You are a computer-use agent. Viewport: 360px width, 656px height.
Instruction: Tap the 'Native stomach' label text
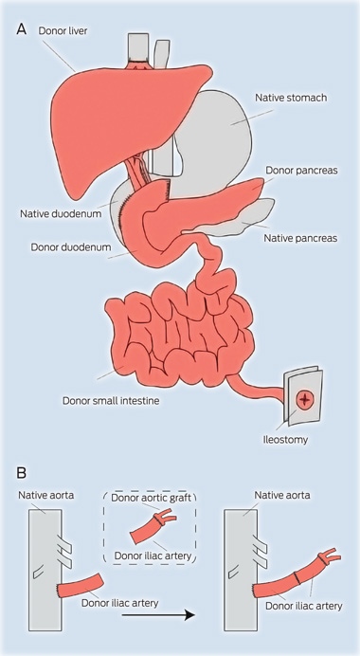[x=291, y=98]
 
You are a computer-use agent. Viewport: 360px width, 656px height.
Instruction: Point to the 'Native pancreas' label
[x=299, y=239]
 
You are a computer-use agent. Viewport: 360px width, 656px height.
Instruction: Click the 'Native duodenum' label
[x=61, y=214]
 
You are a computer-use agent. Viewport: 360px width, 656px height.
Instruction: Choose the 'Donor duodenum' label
[x=71, y=247]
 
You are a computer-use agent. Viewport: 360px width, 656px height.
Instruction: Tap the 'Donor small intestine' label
[x=111, y=401]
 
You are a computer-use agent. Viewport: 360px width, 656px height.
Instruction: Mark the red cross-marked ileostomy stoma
[x=304, y=401]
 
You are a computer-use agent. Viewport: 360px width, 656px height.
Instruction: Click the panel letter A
[x=22, y=29]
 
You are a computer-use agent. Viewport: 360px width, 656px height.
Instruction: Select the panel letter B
[x=22, y=473]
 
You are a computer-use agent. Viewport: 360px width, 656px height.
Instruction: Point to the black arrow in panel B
[x=158, y=615]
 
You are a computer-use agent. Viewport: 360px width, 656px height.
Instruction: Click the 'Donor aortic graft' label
[x=151, y=498]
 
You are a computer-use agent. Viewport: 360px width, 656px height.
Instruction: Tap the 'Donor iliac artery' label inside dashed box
[x=153, y=556]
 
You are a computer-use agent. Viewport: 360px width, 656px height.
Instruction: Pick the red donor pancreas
[x=201, y=205]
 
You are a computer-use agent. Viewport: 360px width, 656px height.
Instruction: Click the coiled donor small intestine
[x=180, y=335]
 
